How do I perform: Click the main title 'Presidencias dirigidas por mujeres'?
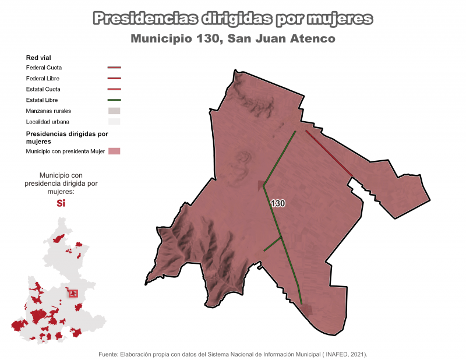232,19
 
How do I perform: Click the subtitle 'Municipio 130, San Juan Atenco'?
233,39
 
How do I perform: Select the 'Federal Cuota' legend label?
44,68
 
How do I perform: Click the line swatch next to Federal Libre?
114,79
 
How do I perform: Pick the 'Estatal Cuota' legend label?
43,89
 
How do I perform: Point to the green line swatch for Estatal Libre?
114,100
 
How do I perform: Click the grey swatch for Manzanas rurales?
114,111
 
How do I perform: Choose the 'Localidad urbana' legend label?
47,122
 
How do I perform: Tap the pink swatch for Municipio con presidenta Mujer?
114,151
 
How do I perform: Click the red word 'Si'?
61,203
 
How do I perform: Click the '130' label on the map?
278,204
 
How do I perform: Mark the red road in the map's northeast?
328,152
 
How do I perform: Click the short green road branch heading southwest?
272,244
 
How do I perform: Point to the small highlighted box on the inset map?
73,294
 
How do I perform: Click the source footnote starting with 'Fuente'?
233,354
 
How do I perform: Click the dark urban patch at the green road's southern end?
306,310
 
